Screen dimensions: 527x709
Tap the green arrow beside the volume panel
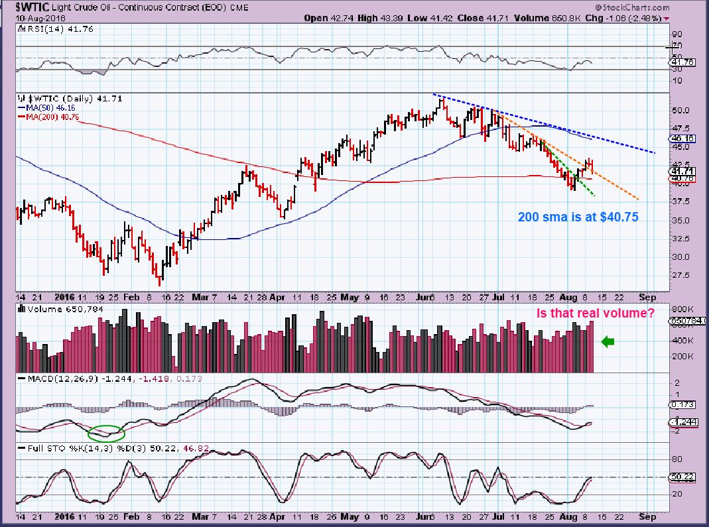608,341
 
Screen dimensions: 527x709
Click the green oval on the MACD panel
105,433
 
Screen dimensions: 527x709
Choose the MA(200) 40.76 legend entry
48,117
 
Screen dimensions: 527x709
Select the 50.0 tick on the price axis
681,110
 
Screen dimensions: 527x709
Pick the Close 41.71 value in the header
479,18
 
